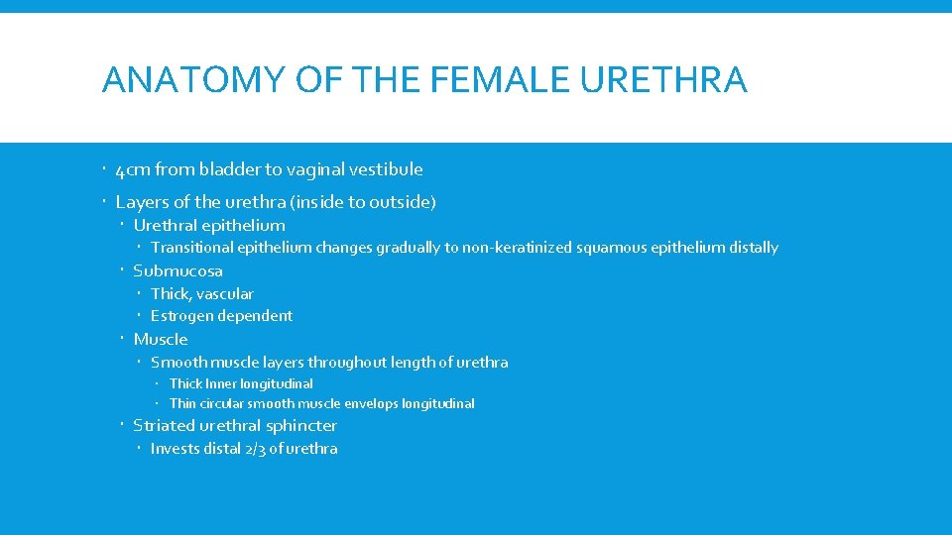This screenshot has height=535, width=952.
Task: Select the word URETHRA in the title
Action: point(663,79)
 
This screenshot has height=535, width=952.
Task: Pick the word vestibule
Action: point(388,169)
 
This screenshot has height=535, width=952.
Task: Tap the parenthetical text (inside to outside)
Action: point(364,202)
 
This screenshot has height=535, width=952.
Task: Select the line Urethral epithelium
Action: point(209,225)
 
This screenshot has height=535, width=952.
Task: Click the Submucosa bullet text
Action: point(178,270)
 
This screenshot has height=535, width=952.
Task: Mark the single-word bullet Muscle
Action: point(161,339)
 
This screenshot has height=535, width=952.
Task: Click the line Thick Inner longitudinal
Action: point(241,383)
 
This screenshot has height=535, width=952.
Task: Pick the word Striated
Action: point(164,426)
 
